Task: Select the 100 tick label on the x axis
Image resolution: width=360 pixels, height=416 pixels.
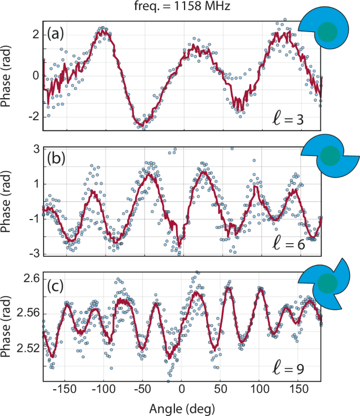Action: [x=259, y=391]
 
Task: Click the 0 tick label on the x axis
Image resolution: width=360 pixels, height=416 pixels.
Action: [x=182, y=391]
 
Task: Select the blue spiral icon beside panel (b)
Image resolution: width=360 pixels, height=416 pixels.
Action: [x=329, y=156]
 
